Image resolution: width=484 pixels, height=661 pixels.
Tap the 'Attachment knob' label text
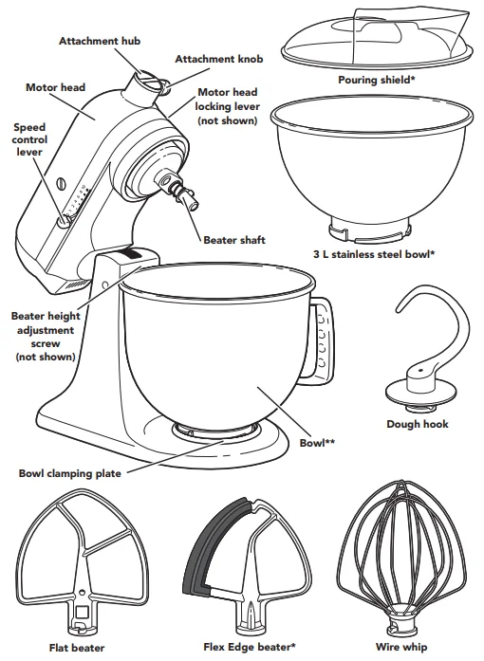coord(218,59)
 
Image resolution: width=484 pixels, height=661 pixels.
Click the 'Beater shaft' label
coord(234,240)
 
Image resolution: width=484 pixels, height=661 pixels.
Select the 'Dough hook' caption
coord(418,425)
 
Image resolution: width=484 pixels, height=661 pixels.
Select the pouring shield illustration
coord(377,38)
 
